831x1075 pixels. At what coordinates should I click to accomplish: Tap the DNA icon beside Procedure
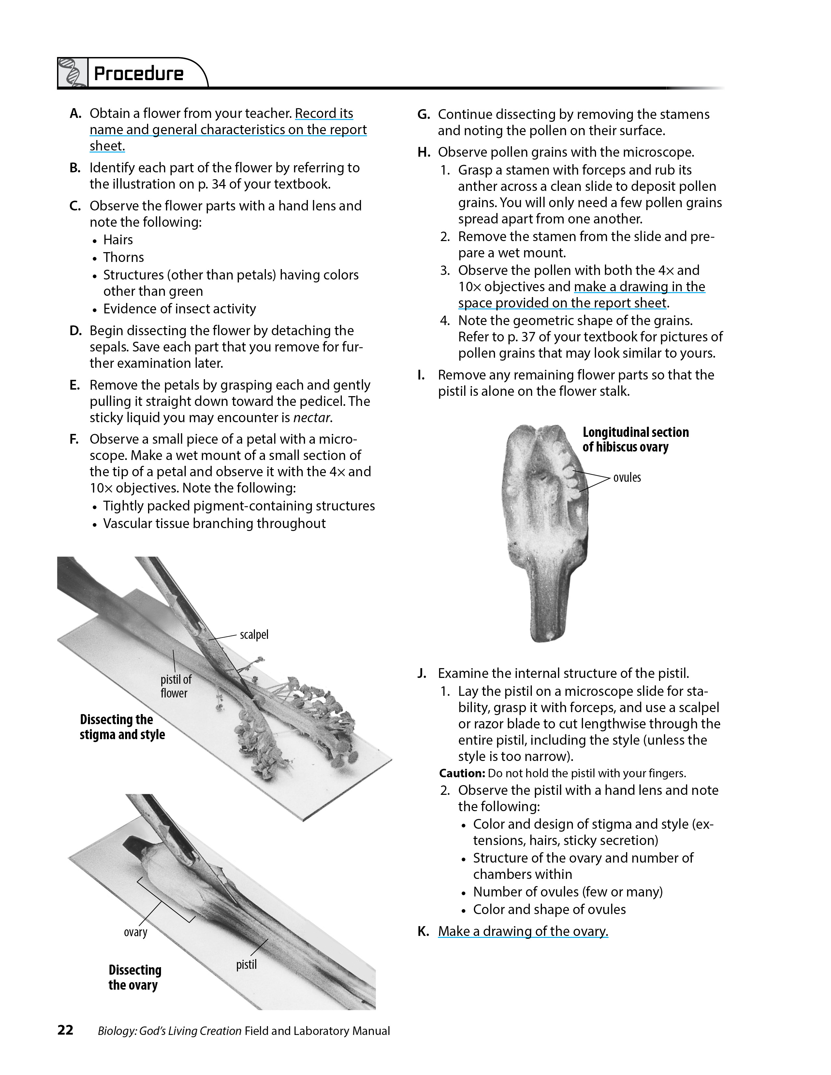(72, 73)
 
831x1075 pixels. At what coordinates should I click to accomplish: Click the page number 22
(66, 1030)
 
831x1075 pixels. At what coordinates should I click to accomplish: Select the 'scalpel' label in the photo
(254, 635)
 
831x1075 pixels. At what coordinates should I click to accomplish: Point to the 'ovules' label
(627, 478)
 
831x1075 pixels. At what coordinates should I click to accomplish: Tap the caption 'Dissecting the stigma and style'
(122, 727)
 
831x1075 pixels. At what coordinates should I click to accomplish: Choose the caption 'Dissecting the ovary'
(134, 977)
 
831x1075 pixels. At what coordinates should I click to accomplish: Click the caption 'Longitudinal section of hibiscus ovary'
(635, 439)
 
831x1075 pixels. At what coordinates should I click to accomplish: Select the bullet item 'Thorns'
(124, 257)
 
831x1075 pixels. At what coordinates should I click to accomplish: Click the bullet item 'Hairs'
(118, 240)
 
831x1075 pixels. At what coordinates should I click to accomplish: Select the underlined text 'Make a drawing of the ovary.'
(523, 931)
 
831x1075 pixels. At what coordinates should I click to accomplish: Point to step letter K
(422, 932)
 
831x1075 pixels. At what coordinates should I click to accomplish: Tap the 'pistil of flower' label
(175, 686)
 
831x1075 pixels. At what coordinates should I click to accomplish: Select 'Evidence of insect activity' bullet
(179, 308)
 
